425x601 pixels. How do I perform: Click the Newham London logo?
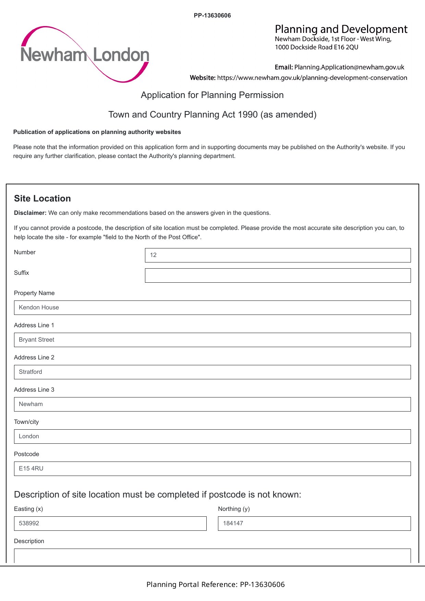pos(85,54)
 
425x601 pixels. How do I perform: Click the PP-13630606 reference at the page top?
pos(212,15)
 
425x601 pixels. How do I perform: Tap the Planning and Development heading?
pos(341,29)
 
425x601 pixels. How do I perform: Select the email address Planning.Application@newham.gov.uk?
pos(349,67)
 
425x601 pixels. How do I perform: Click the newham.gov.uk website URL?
pos(312,78)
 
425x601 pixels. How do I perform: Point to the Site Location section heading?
pos(42,198)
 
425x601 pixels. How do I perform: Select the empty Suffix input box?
pos(278,275)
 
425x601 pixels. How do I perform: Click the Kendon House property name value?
pos(39,307)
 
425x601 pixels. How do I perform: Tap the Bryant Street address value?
pos(37,340)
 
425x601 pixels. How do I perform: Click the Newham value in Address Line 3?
pos(31,404)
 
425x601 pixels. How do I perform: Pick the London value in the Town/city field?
pos(29,436)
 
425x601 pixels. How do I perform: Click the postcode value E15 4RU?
pos(31,468)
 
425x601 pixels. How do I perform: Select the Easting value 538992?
pos(29,523)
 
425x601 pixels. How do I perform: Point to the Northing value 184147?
pos(233,523)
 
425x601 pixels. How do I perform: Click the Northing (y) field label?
pos(234,509)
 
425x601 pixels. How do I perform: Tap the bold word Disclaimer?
pos(30,213)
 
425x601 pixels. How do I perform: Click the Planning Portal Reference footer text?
pos(215,584)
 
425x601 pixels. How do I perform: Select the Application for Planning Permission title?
pos(212,95)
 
